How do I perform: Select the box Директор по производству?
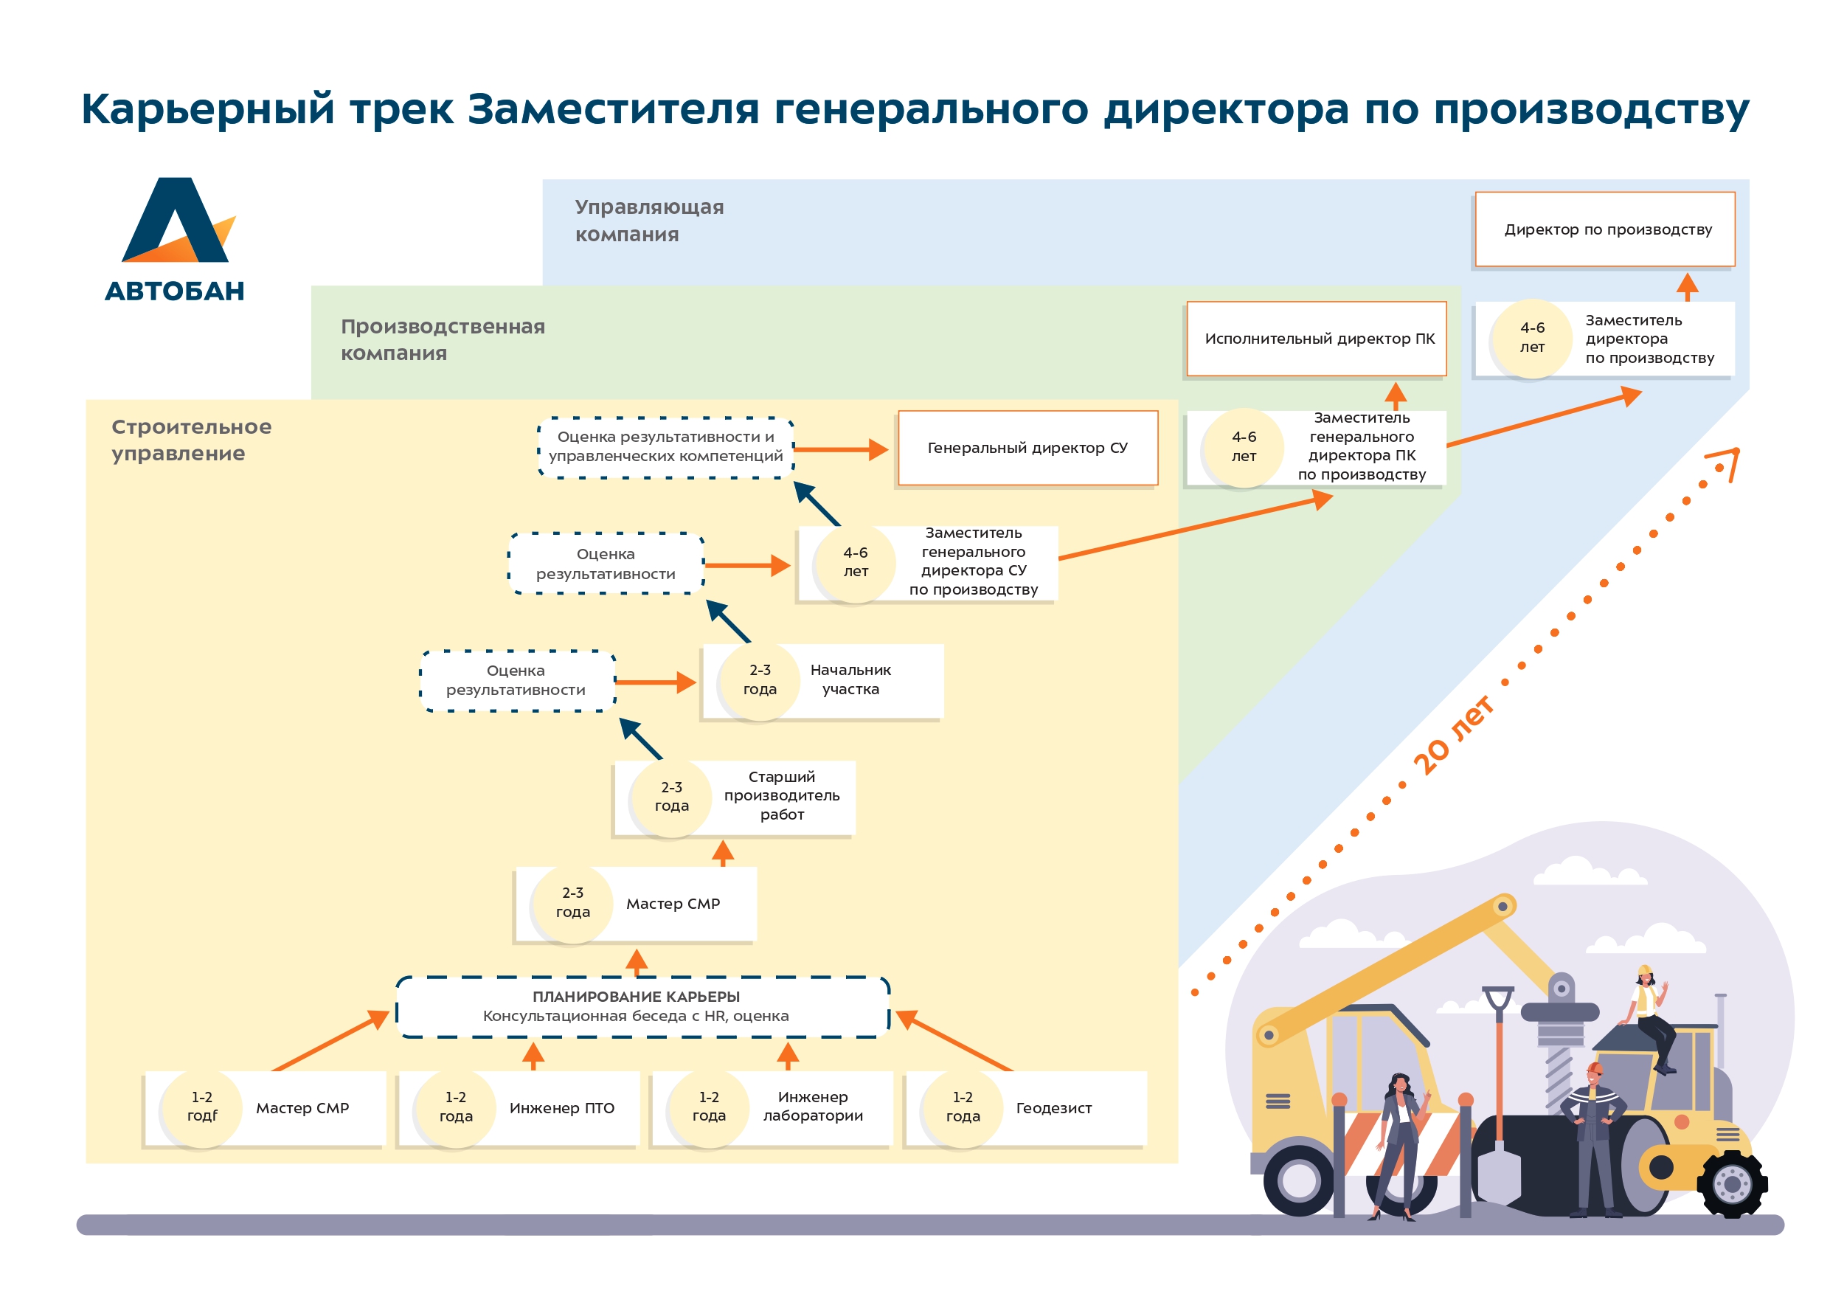pyautogui.click(x=1604, y=229)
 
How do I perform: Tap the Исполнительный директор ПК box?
pyautogui.click(x=1316, y=339)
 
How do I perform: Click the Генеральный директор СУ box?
pyautogui.click(x=1027, y=448)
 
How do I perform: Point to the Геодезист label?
pyautogui.click(x=1053, y=1108)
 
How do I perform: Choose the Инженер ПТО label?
pyautogui.click(x=561, y=1108)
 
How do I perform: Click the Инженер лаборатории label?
pyautogui.click(x=812, y=1107)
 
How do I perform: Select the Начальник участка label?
pyautogui.click(x=850, y=680)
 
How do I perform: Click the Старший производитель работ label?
pyautogui.click(x=781, y=796)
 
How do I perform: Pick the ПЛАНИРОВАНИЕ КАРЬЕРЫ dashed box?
pyautogui.click(x=642, y=1007)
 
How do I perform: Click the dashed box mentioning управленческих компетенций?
pyautogui.click(x=665, y=447)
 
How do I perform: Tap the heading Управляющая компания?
pyautogui.click(x=649, y=221)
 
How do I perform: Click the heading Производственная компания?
pyautogui.click(x=443, y=339)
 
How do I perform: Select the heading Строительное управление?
pyautogui.click(x=191, y=440)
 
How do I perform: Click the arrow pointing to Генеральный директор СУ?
pyautogui.click(x=842, y=450)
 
